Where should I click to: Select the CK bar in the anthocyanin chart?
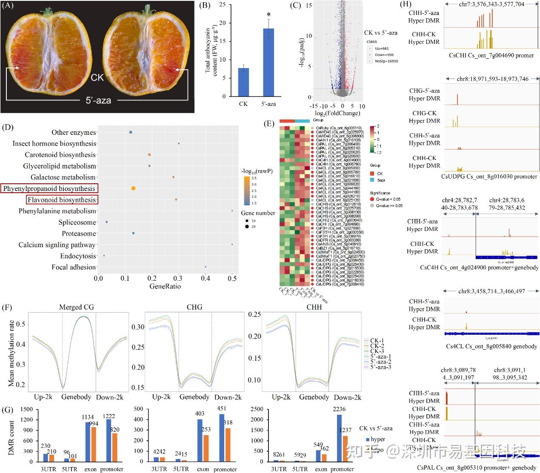pos(243,82)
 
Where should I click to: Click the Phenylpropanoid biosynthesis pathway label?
pos(49,188)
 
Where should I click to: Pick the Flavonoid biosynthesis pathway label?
pos(62,200)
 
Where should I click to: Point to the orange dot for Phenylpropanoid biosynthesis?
pos(133,188)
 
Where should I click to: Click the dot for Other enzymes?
pos(131,132)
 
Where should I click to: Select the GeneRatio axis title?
pos(165,286)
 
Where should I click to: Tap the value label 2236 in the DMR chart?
pos(339,409)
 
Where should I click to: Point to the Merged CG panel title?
pos(76,307)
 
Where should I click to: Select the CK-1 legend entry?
pos(377,341)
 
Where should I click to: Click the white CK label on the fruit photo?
pos(97,77)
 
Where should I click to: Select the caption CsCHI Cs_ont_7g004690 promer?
pos(491,55)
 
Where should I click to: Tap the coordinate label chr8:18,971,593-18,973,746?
pos(492,79)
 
